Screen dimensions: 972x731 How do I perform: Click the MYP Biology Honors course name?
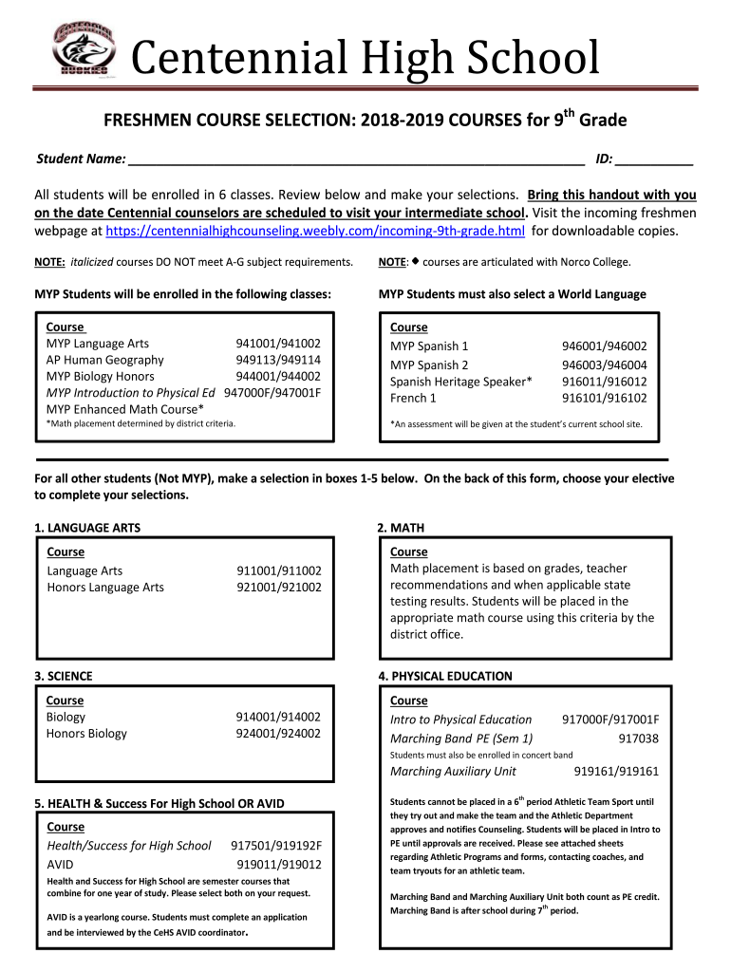[101, 376]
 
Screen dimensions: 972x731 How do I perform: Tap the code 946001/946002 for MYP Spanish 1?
[604, 346]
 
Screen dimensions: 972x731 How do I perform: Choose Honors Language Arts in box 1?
[105, 587]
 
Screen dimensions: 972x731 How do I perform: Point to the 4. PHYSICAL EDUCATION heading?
[444, 676]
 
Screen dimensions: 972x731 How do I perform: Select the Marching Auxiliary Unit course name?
[454, 771]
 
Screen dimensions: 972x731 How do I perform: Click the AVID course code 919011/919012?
[278, 864]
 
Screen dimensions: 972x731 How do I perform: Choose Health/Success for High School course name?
[129, 845]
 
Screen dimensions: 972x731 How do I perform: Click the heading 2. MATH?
[401, 527]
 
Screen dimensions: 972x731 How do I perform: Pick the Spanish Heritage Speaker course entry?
[460, 382]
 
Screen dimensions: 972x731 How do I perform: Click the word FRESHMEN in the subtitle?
[143, 121]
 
